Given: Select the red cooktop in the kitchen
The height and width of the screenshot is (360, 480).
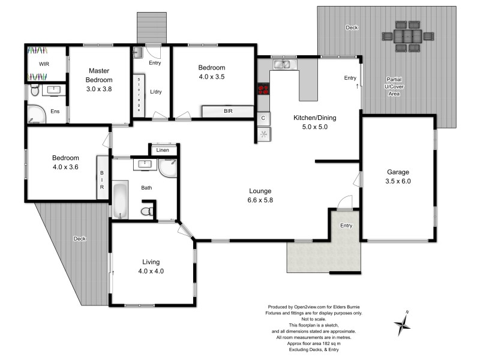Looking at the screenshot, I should tap(263, 90).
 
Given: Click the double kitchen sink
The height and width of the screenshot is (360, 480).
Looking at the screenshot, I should tap(280, 64).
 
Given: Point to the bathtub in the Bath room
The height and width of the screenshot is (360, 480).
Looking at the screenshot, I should tap(120, 200).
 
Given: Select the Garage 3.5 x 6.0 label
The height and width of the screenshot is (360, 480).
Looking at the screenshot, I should tap(398, 176).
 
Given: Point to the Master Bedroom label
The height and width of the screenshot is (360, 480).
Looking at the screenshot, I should tap(99, 79).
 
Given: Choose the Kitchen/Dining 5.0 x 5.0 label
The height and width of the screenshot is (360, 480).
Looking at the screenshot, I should tap(314, 122).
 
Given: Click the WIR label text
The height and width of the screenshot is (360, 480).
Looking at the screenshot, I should tap(44, 63).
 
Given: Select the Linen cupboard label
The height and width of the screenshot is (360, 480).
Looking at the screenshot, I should tap(163, 150).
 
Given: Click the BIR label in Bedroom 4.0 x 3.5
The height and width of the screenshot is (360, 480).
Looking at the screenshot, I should tap(228, 111).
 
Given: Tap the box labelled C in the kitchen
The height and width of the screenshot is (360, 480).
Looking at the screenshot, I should tap(263, 118).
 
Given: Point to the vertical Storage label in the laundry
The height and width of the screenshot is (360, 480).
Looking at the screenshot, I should tap(139, 95).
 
